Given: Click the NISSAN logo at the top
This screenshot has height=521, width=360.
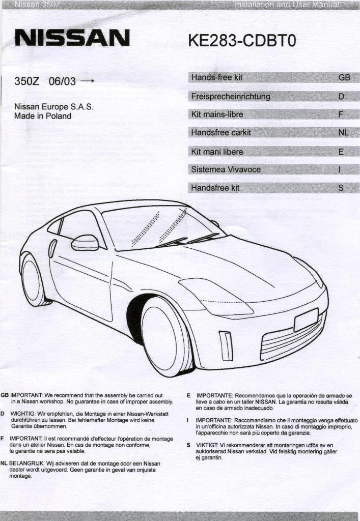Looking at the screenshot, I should coord(72,37).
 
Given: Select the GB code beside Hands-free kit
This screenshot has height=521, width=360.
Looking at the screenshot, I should coord(344,78).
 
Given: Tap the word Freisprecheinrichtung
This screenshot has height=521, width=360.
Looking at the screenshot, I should coord(230,96).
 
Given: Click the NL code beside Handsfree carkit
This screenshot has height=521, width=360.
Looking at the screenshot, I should coord(343,133).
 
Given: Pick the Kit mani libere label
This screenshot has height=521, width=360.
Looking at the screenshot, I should coord(217,152).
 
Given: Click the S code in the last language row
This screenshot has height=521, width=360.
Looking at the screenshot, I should coord(341,188).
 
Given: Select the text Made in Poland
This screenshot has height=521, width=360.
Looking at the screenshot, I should coord(43,116).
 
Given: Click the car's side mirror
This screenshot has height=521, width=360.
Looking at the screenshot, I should coord(85,243).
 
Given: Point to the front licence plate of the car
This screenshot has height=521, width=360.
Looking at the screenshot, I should coord(306,320).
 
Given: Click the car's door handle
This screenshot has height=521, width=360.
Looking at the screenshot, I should coord(53,248).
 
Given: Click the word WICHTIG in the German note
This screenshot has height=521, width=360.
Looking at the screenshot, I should coord(22,414).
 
